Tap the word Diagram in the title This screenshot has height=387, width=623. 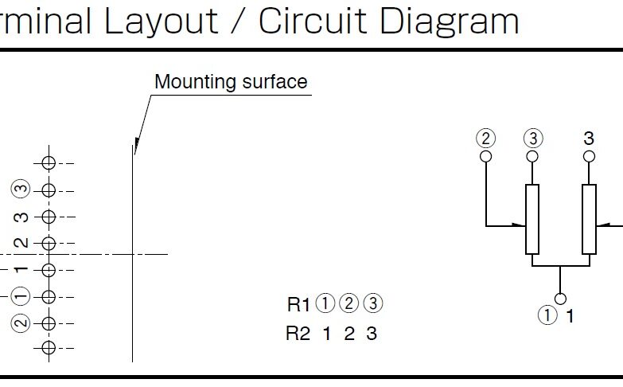pyautogui.click(x=449, y=20)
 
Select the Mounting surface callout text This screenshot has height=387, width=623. pyautogui.click(x=230, y=82)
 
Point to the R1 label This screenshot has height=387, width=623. pyautogui.click(x=298, y=303)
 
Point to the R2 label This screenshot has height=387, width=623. pyautogui.click(x=298, y=334)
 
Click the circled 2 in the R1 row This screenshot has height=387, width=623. pyautogui.click(x=348, y=303)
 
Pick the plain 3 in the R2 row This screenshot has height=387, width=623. pyautogui.click(x=371, y=334)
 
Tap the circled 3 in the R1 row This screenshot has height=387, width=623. pyautogui.click(x=372, y=303)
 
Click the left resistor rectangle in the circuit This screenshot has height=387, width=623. pyautogui.click(x=532, y=219)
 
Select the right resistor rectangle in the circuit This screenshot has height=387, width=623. pyautogui.click(x=589, y=219)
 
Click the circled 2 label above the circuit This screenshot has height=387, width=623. pyautogui.click(x=485, y=139)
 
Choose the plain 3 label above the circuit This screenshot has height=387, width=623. pyautogui.click(x=589, y=138)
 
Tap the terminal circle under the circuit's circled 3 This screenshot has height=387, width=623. pyautogui.click(x=532, y=156)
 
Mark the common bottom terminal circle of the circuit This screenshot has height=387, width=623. pyautogui.click(x=561, y=299)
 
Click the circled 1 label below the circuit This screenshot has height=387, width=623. pyautogui.click(x=548, y=316)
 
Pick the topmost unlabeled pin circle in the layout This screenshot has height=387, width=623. pyautogui.click(x=49, y=163)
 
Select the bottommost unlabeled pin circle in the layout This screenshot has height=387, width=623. pyautogui.click(x=49, y=347)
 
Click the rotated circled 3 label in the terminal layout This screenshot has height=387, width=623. pyautogui.click(x=21, y=190)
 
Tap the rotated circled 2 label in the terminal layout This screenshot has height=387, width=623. pyautogui.click(x=21, y=323)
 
